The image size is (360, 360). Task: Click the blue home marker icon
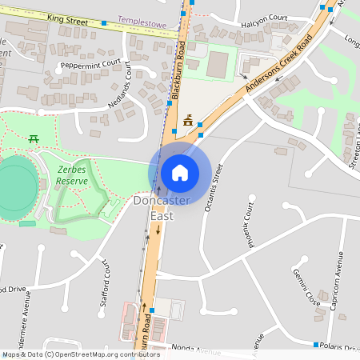[180, 173]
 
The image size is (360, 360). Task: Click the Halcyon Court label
[268, 17]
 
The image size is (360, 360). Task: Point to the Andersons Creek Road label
[278, 66]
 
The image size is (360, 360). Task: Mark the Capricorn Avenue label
[339, 281]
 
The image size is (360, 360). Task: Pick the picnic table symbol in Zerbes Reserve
[34, 138]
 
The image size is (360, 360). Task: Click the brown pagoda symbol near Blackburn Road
[188, 121]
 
